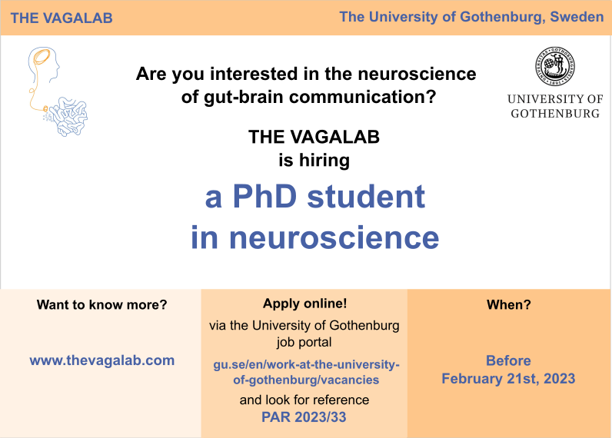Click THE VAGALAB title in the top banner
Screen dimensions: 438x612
[x=62, y=18]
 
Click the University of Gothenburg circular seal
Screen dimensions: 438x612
[x=555, y=68]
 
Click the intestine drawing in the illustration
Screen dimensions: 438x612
[x=68, y=120]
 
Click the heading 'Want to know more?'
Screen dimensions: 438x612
[x=101, y=304]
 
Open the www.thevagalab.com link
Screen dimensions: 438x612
[x=101, y=360]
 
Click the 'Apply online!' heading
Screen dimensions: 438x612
[x=304, y=304]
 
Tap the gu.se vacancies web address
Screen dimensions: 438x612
[x=305, y=370]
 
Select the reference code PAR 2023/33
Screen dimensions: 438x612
[x=304, y=417]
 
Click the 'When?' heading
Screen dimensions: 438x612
[x=508, y=304]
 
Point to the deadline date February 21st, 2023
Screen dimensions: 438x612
[x=508, y=378]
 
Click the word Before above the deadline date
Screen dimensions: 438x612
[x=508, y=360]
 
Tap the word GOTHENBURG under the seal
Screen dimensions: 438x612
[x=555, y=113]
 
